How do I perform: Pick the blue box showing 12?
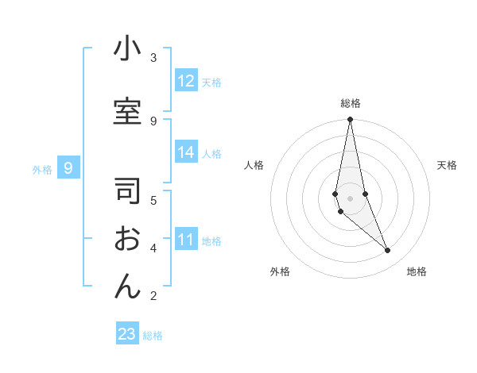coord(186,81)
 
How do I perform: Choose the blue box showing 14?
coord(186,153)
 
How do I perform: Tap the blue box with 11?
coord(186,240)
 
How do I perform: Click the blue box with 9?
coord(69,168)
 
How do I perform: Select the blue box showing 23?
coord(127,334)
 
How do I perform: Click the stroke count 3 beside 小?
coord(153,58)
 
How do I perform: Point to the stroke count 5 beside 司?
coord(153,199)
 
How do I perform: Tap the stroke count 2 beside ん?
coord(153,296)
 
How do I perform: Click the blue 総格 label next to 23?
coord(153,336)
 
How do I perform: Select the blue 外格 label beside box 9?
coord(42,169)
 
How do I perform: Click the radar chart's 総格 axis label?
coord(351,103)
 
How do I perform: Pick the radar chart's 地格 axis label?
coord(417,271)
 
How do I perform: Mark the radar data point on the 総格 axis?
coord(350,120)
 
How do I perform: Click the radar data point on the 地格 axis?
coord(388,251)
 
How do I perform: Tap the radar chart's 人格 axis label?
coord(254,165)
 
